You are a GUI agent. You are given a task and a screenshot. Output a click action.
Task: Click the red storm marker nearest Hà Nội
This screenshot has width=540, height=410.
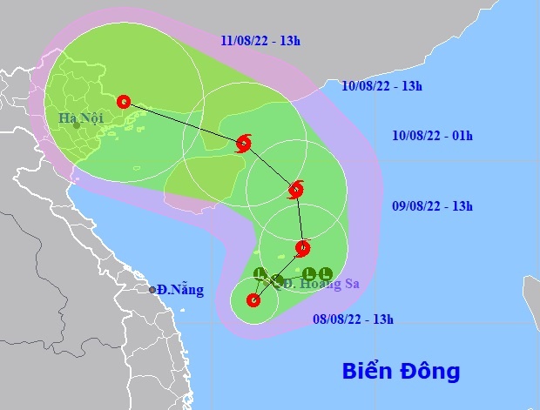123,101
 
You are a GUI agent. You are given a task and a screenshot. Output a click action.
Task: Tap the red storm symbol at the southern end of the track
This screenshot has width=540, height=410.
253,301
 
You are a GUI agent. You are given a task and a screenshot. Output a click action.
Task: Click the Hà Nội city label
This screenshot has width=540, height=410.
81,118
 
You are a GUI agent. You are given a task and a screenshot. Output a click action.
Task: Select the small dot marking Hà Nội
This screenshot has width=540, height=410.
77,125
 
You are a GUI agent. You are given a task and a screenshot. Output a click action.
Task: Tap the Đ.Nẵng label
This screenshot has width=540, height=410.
181,290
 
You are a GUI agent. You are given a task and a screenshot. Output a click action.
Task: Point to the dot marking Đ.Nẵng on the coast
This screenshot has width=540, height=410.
152,290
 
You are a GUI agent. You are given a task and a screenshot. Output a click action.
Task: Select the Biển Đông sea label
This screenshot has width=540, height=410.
400,372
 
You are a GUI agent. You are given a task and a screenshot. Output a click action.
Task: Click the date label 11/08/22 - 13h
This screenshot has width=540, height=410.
261,41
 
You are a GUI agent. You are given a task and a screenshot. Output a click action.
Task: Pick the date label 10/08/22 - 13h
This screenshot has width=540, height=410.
382,85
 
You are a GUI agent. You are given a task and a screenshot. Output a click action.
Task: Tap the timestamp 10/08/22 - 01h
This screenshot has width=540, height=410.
432,135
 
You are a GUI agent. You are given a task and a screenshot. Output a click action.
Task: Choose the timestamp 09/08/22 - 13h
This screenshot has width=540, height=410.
432,206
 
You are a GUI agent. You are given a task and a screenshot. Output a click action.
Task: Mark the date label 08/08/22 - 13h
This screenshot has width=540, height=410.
354,319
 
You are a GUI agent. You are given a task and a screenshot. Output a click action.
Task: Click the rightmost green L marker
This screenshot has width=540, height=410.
325,273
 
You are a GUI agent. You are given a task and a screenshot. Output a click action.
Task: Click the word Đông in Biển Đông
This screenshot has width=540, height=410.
429,372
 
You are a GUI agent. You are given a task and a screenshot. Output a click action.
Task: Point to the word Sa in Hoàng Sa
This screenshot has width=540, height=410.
350,283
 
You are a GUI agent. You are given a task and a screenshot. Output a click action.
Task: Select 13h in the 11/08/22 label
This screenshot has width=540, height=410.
290,41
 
